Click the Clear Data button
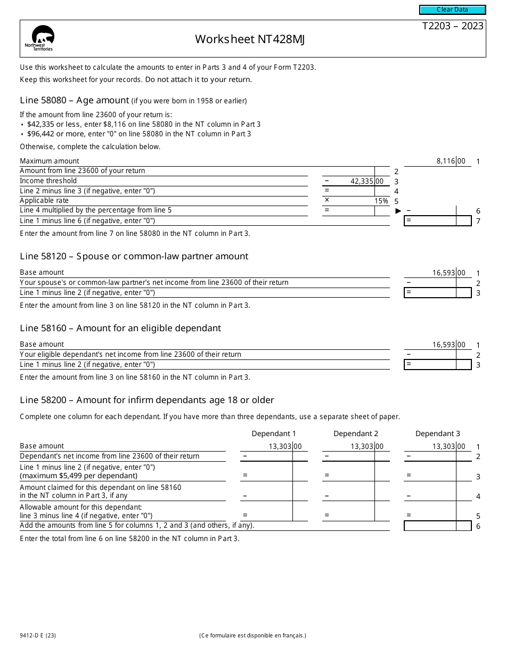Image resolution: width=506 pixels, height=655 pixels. [452, 10]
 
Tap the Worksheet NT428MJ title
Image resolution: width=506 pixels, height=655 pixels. [250, 39]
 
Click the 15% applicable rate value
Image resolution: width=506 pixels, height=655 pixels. [381, 201]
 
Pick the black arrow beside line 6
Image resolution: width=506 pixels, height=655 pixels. [398, 211]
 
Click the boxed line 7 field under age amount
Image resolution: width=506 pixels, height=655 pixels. [437, 220]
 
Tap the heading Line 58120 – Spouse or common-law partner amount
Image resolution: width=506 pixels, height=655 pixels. [134, 256]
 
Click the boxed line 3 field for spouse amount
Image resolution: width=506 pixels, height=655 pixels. [437, 292]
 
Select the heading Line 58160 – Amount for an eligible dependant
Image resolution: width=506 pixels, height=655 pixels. [120, 328]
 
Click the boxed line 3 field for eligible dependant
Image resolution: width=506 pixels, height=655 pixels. [437, 365]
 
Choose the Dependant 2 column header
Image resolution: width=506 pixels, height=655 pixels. [356, 433]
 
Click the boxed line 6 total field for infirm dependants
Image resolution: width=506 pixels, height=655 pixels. [437, 526]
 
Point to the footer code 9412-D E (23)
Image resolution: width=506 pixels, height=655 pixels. [40, 635]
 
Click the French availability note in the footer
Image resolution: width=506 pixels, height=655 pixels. [252, 635]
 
